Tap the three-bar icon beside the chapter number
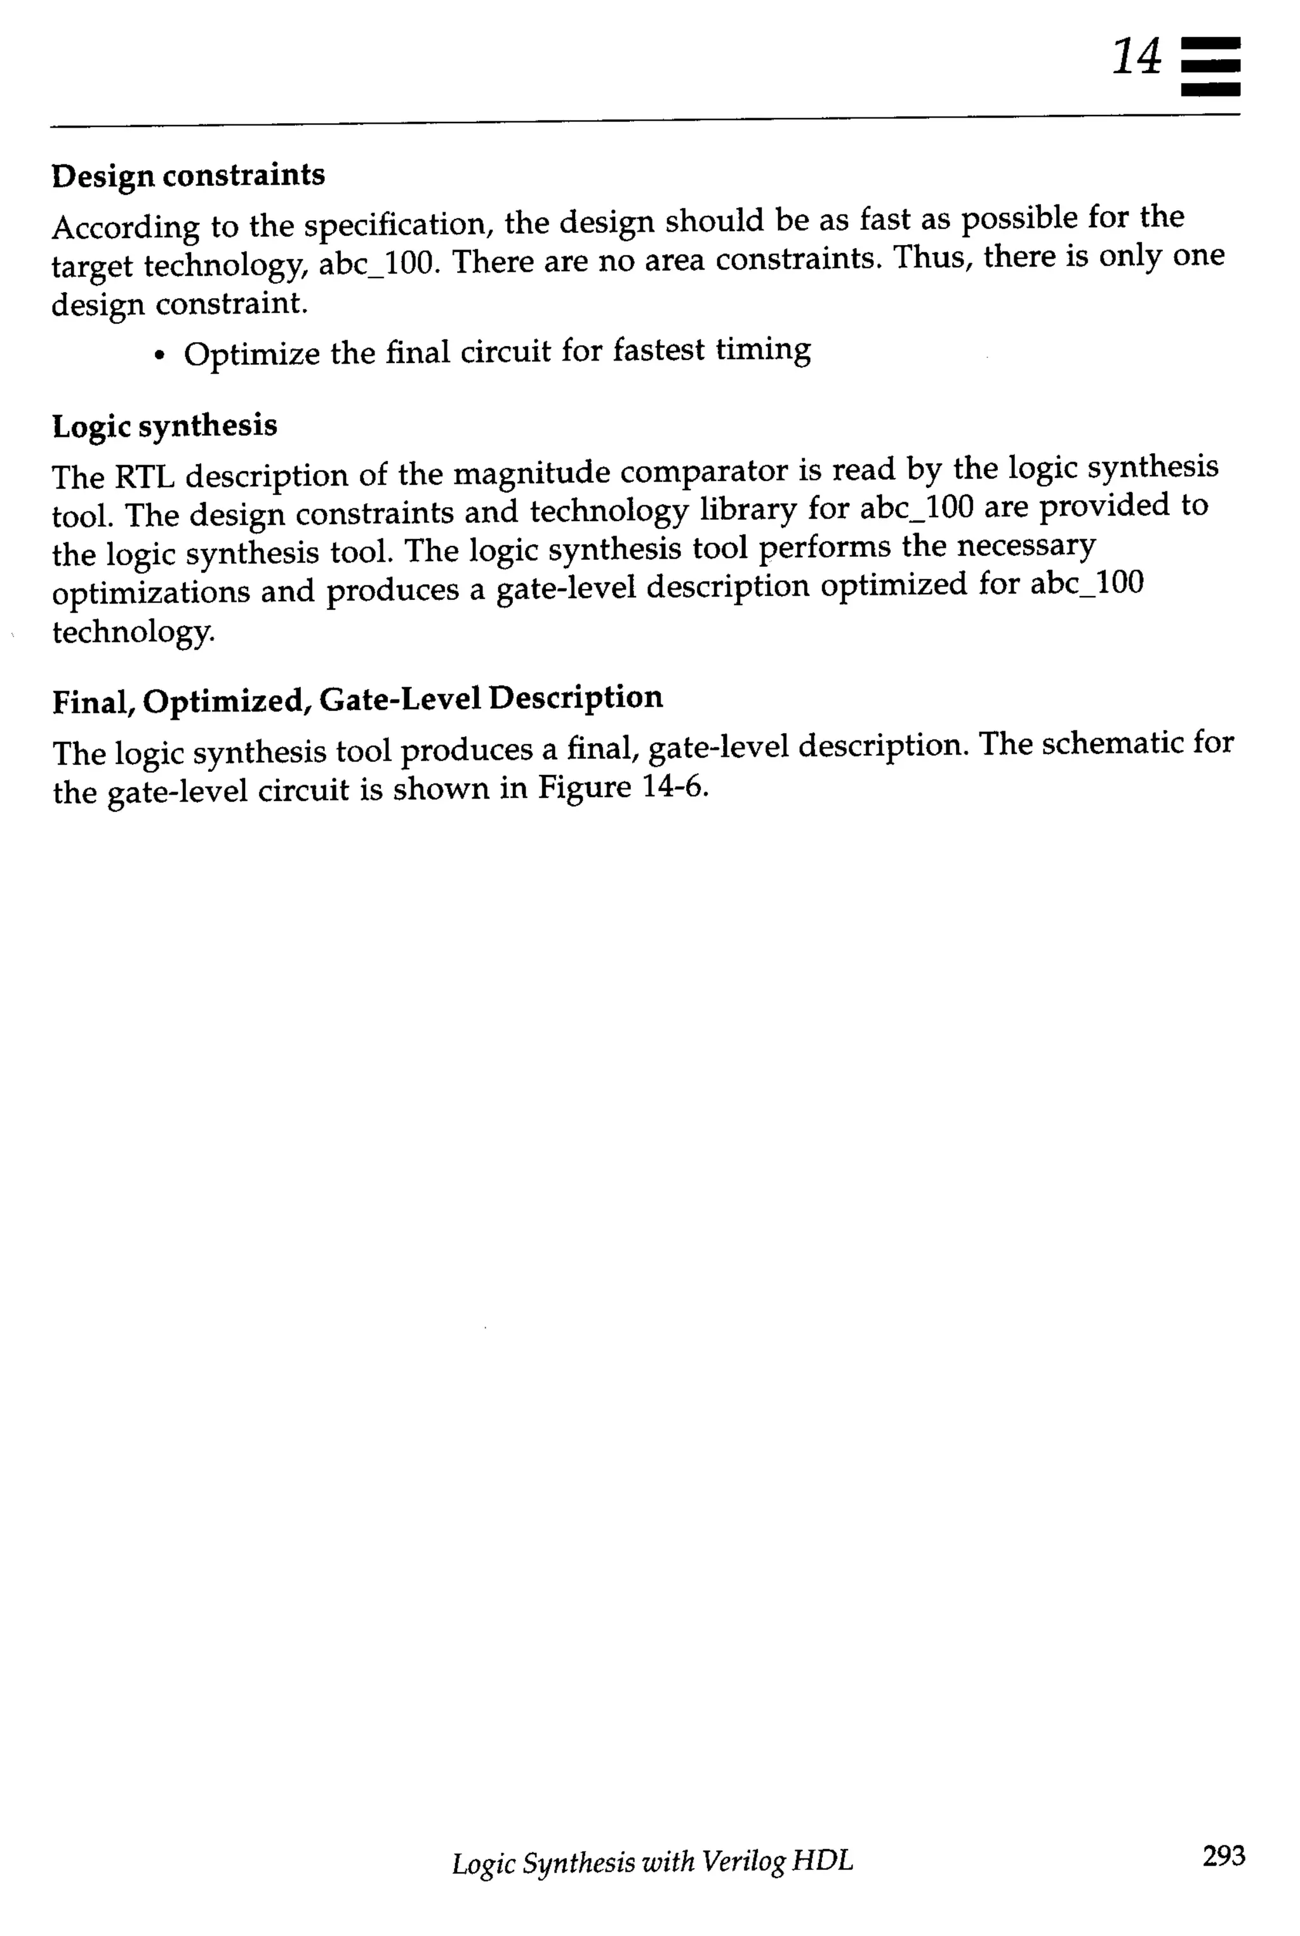(x=1210, y=66)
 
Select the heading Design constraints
(x=188, y=176)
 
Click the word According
(x=125, y=227)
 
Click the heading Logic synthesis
(x=165, y=426)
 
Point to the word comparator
(x=704, y=471)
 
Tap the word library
(x=748, y=510)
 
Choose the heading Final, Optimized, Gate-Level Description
(x=357, y=699)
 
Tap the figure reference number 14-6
(x=674, y=786)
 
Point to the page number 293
(x=1223, y=1855)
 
